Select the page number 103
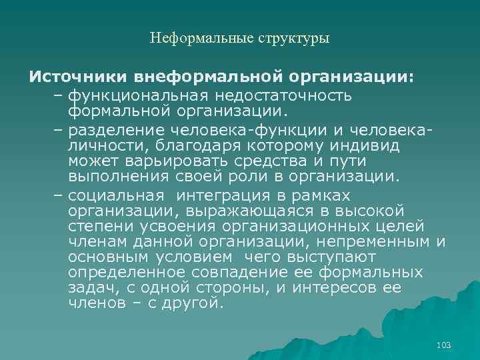443,345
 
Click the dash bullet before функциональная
57,96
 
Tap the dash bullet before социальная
57,195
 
